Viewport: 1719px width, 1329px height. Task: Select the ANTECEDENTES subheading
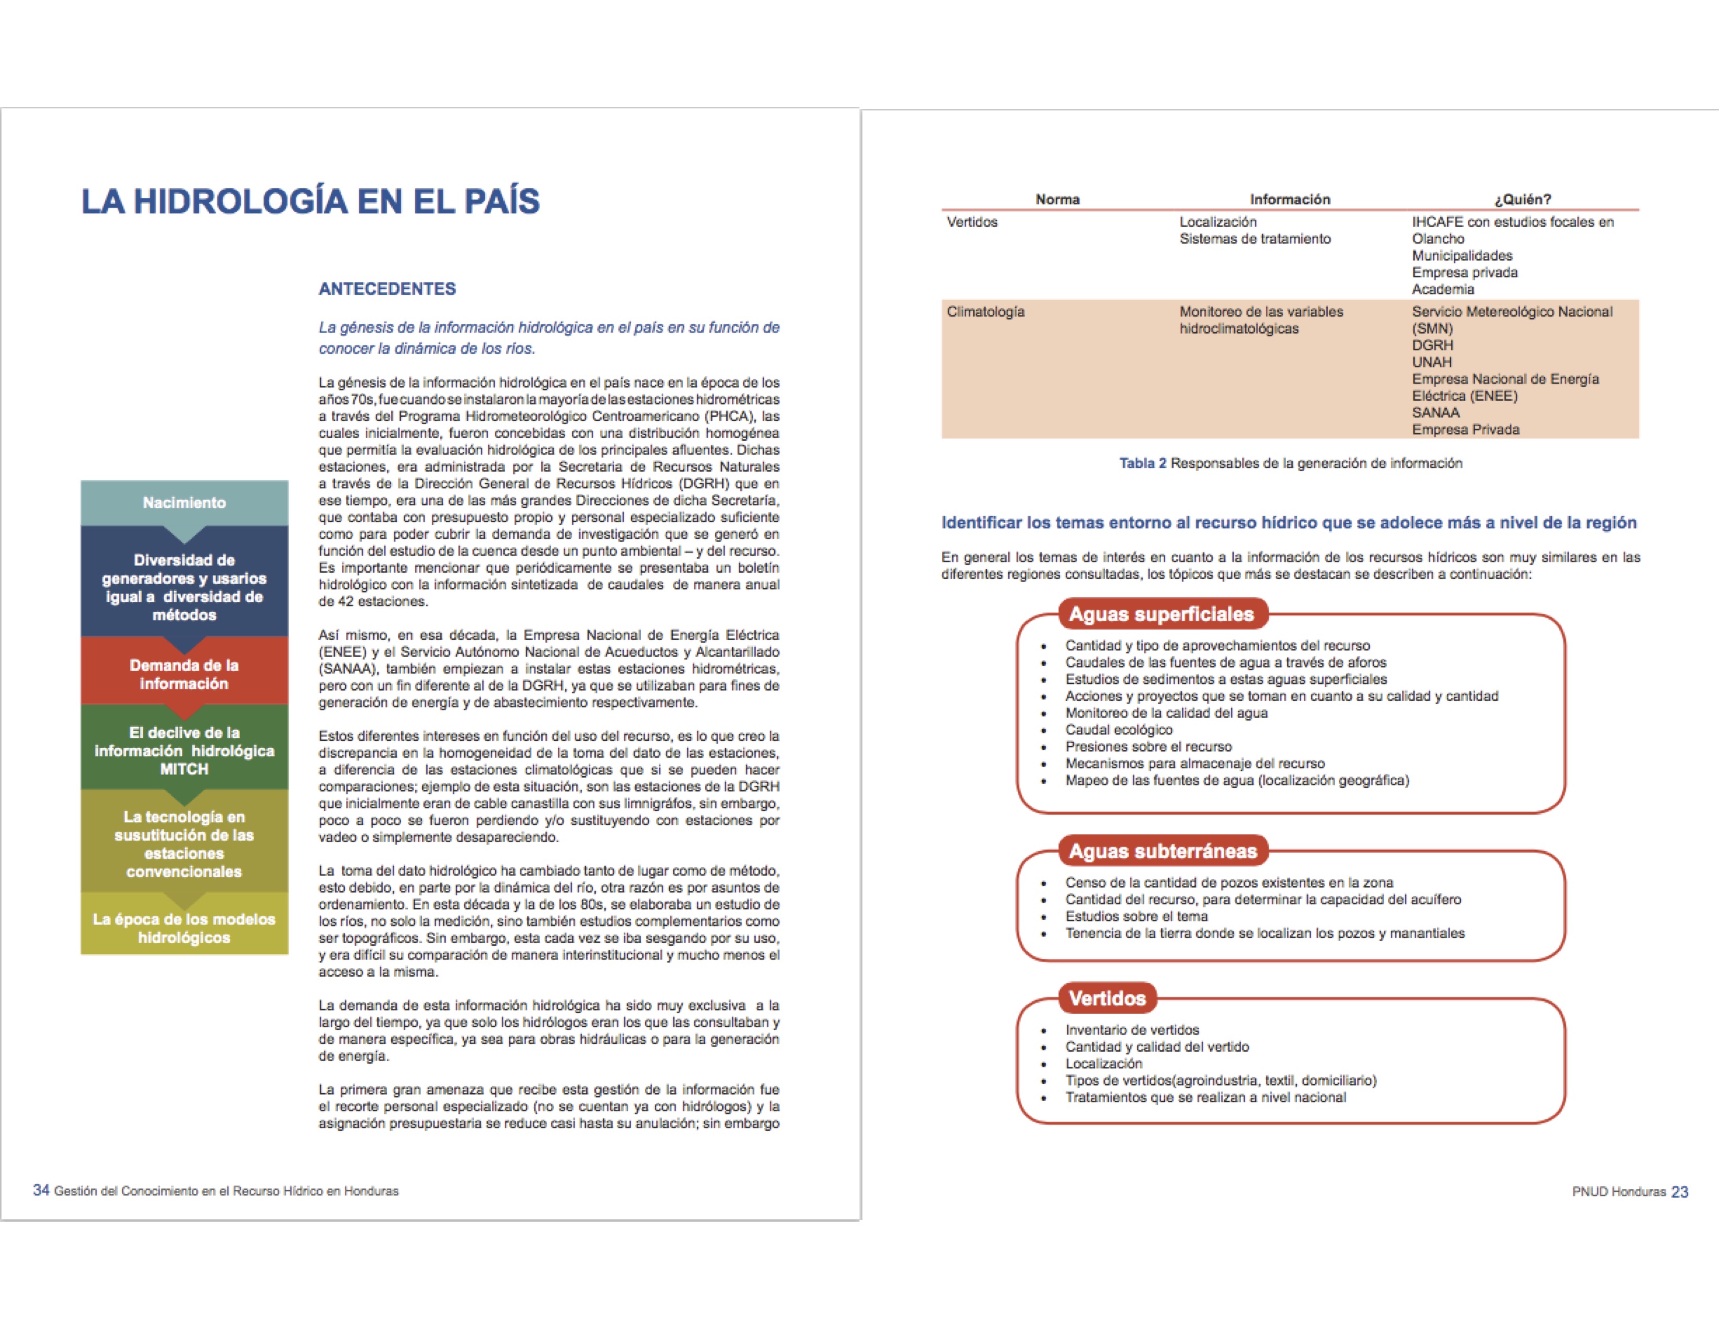(387, 289)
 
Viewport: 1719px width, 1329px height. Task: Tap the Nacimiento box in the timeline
(184, 502)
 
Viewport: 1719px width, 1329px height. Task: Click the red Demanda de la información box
(184, 674)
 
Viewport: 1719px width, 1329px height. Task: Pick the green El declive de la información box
(184, 750)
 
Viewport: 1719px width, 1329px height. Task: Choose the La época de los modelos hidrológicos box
(184, 928)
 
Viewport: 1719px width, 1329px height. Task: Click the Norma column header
(1057, 199)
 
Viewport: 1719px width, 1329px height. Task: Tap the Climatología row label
(986, 312)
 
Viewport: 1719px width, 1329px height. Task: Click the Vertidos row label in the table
(972, 222)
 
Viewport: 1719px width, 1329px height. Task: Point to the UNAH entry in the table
(1431, 362)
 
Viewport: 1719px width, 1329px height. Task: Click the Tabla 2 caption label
(1142, 463)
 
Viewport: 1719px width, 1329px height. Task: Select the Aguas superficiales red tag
(1161, 614)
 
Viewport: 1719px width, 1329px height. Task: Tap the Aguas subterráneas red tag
(1163, 851)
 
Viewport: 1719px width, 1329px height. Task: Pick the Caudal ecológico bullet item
(1118, 730)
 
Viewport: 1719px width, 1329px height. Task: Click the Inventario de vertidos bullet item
(1132, 1030)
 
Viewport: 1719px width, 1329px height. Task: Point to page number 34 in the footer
(41, 1190)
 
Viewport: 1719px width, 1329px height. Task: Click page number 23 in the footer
(1679, 1192)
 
